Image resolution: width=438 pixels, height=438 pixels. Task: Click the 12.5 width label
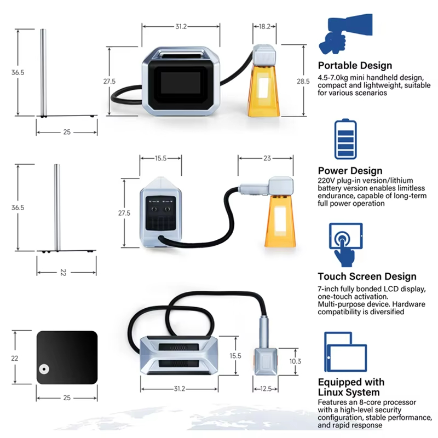[266, 389]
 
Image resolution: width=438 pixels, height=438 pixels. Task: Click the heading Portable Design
[355, 66]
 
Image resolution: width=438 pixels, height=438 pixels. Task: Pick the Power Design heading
[350, 171]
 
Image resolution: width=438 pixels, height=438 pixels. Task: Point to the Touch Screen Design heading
[367, 276]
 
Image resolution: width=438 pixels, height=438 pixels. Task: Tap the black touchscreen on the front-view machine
[183, 83]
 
